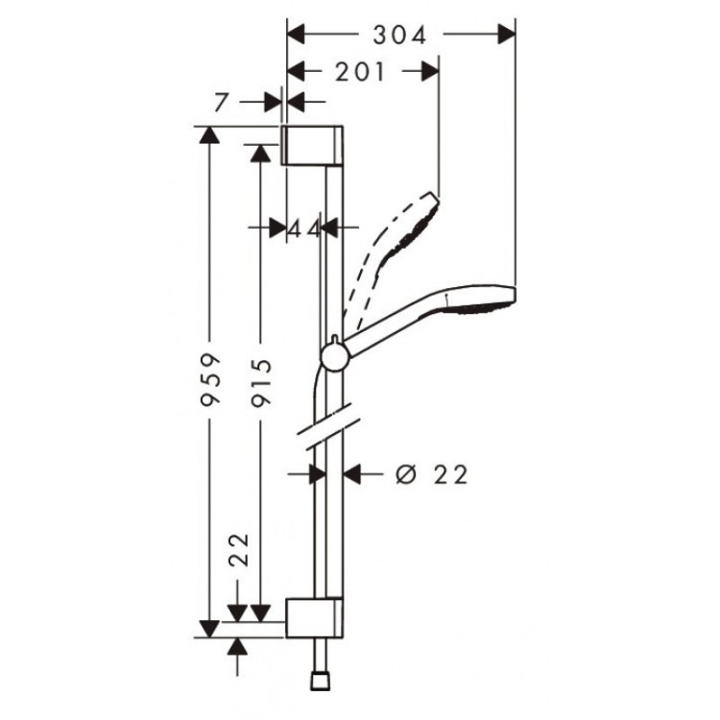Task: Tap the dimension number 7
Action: click(222, 101)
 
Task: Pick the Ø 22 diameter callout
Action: click(433, 473)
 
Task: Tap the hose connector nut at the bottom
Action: click(322, 681)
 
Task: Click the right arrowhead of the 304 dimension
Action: click(506, 36)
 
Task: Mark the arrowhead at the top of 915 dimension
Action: click(258, 152)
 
